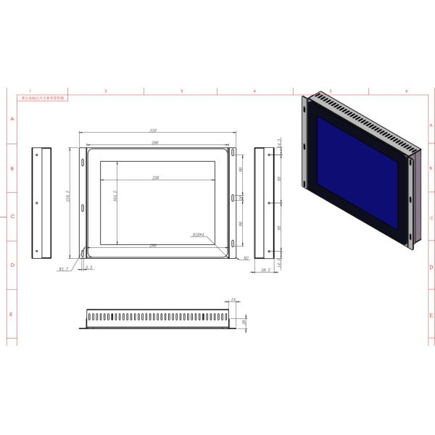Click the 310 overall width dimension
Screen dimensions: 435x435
(x=154, y=130)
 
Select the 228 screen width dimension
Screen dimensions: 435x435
(x=154, y=177)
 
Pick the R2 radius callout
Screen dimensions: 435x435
(x=246, y=257)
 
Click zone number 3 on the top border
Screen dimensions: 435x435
(x=181, y=91)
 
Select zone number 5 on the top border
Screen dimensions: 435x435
(x=331, y=91)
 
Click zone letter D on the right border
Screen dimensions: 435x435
(x=431, y=266)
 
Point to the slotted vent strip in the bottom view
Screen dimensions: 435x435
(x=156, y=317)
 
